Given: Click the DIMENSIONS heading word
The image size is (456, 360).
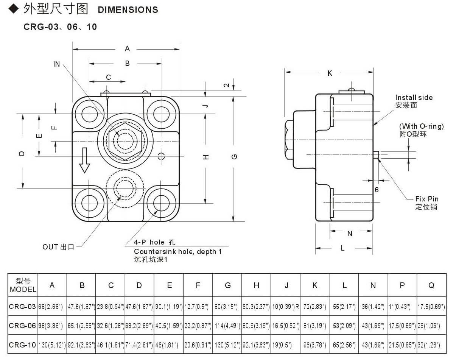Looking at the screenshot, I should [x=128, y=10].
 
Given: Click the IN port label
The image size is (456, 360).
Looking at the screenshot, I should [x=56, y=64].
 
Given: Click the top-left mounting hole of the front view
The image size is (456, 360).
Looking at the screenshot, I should [x=89, y=114].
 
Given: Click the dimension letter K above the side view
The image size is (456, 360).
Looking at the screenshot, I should [x=330, y=73].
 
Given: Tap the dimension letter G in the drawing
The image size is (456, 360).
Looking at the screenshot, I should [x=235, y=157].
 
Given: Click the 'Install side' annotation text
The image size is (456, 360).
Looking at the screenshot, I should [x=414, y=98].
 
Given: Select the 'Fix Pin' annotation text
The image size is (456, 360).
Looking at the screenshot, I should [x=427, y=199].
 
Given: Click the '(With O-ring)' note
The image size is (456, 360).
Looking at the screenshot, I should [x=421, y=126].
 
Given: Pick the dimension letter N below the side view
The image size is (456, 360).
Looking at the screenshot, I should [x=350, y=234].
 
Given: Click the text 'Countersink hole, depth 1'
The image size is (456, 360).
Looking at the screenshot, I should [x=178, y=252].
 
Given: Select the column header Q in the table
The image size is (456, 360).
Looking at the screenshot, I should [x=431, y=285].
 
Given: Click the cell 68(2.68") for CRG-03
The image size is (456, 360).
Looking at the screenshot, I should [x=52, y=307].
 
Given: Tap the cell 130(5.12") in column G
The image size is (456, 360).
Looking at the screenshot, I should [x=227, y=345].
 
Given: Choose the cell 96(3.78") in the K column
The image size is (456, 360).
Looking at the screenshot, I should [x=315, y=345].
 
